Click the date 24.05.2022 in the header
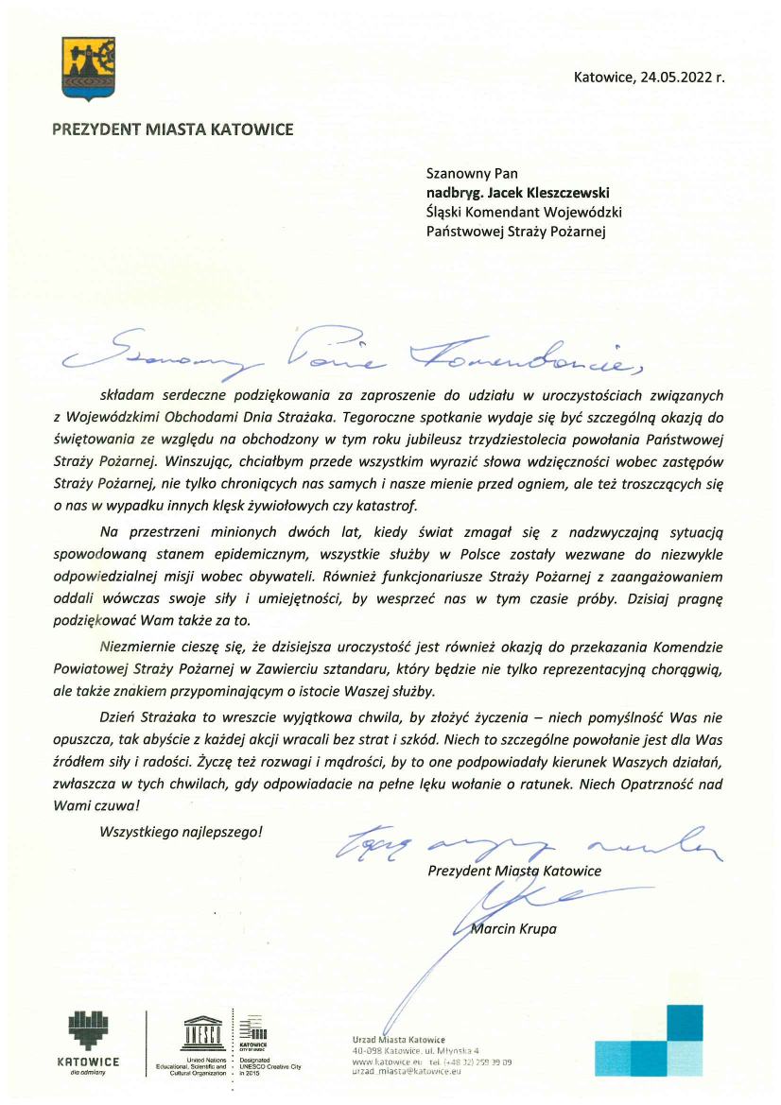point(674,78)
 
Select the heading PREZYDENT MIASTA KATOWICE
point(173,129)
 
